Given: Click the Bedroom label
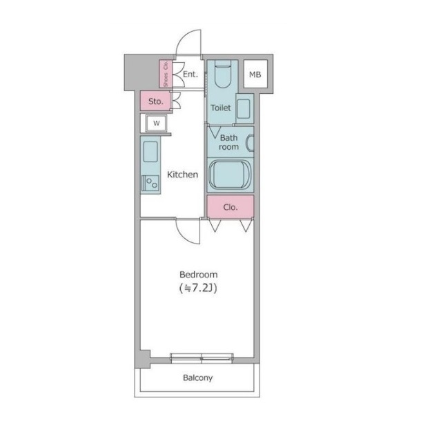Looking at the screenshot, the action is [198, 275].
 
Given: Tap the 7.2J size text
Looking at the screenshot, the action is [198, 288].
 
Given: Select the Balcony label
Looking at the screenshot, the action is [197, 377].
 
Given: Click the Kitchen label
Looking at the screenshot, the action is [182, 175].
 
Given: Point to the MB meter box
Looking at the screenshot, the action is [255, 74].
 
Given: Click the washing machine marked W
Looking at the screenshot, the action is [156, 123].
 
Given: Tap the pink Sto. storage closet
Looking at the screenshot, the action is [155, 101].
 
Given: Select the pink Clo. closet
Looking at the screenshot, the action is [231, 206].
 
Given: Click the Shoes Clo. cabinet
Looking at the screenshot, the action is [166, 73].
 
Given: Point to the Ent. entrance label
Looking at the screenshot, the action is [190, 75].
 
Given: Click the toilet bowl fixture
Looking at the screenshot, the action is [223, 75].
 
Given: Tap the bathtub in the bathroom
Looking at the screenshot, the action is [230, 175].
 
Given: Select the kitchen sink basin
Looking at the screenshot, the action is [150, 152].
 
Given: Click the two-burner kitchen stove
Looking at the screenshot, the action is [150, 183].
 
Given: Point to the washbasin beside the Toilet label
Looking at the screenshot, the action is [244, 108].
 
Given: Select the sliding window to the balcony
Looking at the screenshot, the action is [202, 357].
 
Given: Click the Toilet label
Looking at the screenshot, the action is [220, 108].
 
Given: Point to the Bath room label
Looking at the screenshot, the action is [229, 142].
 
